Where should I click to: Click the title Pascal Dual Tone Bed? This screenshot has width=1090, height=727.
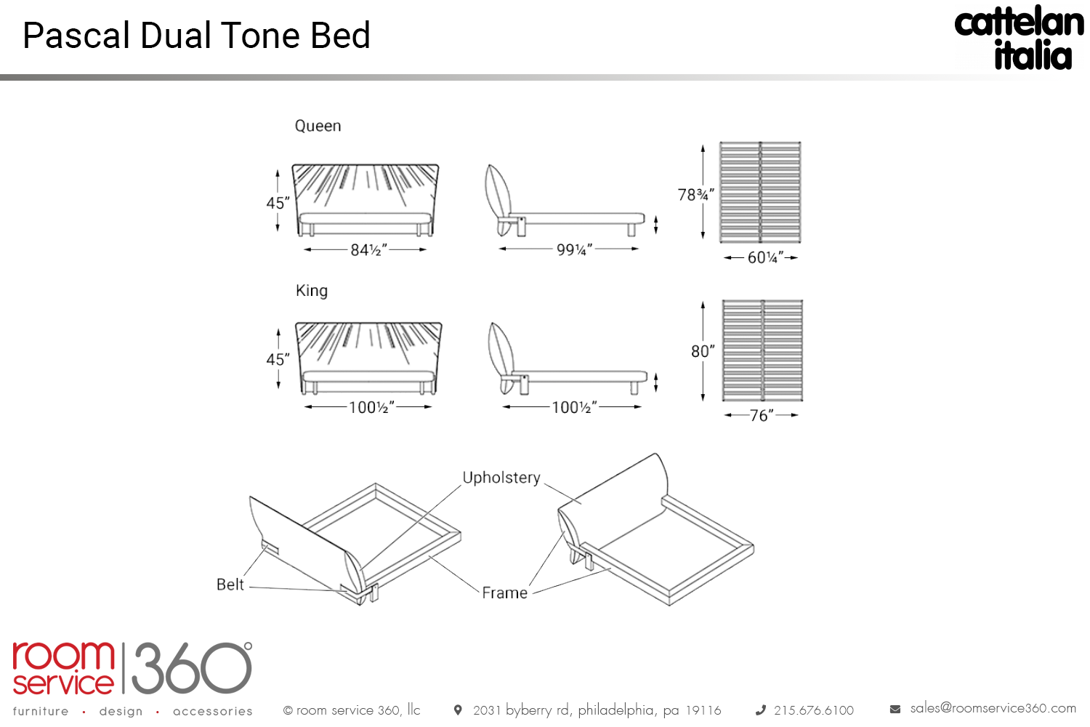coord(196,36)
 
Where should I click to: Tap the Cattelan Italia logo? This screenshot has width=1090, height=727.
coord(1019,39)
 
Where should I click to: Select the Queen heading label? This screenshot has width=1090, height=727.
coord(318,126)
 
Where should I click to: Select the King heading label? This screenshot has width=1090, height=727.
coord(312,291)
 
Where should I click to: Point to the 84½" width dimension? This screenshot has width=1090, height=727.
coord(368,250)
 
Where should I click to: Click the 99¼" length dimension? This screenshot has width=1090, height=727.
coord(574,250)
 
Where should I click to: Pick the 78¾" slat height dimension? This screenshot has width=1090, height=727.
coord(695,195)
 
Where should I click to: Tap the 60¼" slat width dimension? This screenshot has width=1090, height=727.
coord(765,257)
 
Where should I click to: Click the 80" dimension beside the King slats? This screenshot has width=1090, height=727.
coord(703,352)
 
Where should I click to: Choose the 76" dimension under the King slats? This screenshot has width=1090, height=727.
coord(762,415)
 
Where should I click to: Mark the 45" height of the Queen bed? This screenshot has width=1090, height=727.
coord(278,203)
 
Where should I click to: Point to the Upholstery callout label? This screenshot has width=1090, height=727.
coord(501,478)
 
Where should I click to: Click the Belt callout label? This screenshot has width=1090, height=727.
coord(230,585)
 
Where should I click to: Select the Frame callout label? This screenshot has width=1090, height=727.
coord(505,593)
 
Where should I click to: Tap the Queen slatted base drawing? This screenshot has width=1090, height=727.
coord(760,192)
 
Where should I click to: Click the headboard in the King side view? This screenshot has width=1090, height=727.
coord(500,349)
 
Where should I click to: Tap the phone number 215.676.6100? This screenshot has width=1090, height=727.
coord(814,710)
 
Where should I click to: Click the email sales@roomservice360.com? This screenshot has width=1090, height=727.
coord(993,708)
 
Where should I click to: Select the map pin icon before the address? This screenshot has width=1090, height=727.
coord(458,710)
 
